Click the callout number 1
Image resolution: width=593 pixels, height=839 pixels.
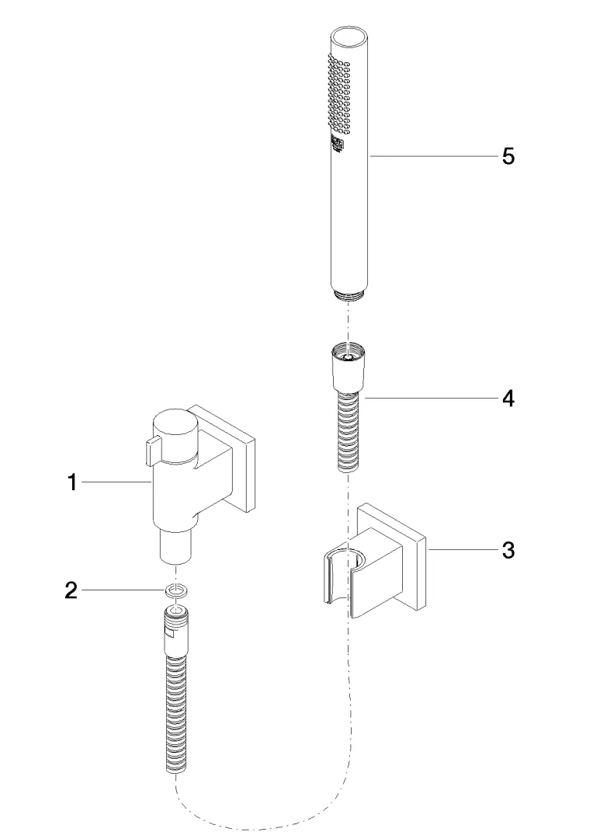pyautogui.click(x=72, y=482)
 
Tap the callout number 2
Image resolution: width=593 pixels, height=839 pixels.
pyautogui.click(x=71, y=590)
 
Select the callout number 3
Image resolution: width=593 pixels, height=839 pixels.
pyautogui.click(x=508, y=549)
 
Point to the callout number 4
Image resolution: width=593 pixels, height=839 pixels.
pyautogui.click(x=508, y=398)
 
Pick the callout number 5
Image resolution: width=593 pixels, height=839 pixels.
pyautogui.click(x=508, y=156)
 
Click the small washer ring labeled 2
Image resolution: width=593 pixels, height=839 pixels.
pyautogui.click(x=175, y=591)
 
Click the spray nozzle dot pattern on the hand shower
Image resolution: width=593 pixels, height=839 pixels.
pyautogui.click(x=338, y=96)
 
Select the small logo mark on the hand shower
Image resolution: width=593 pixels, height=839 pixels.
pyautogui.click(x=338, y=145)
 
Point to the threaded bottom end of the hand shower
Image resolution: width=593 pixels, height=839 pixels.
pyautogui.click(x=349, y=294)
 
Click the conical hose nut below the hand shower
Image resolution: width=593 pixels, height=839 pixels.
pyautogui.click(x=348, y=369)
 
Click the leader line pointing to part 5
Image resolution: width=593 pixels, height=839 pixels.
pyautogui.click(x=434, y=156)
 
